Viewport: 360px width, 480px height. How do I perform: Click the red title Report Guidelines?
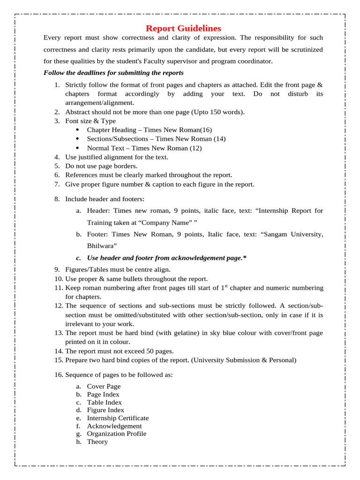pos(183,28)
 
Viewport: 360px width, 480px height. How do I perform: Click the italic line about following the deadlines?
pos(113,73)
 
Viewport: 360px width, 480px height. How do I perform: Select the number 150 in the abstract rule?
pos(216,112)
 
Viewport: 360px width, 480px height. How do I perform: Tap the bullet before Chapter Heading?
pos(77,129)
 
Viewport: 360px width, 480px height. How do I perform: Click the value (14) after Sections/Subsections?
pos(219,139)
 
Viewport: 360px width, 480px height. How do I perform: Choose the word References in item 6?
pos(81,175)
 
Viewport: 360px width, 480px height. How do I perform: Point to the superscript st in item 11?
pos(226,286)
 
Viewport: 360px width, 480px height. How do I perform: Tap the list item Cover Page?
pos(104,386)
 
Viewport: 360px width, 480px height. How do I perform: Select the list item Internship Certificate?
pos(118,418)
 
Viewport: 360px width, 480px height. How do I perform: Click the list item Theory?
pos(97,442)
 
